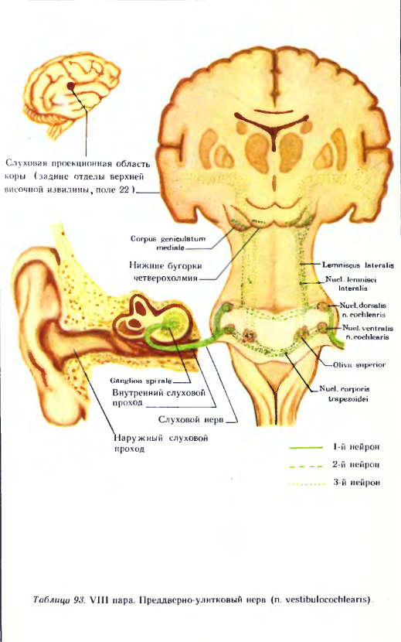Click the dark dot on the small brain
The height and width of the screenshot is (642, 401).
click(x=71, y=86)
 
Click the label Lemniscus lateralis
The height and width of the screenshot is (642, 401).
click(x=358, y=265)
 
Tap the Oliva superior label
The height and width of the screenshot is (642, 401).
click(x=359, y=364)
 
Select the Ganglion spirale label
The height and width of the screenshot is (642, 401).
click(x=141, y=381)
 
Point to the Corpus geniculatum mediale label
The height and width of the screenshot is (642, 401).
click(x=168, y=243)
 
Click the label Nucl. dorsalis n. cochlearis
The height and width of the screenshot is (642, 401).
click(x=363, y=310)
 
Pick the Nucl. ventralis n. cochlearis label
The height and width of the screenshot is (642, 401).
click(x=367, y=333)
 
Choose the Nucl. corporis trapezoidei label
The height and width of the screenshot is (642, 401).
click(x=345, y=394)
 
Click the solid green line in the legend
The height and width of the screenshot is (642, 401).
click(x=306, y=448)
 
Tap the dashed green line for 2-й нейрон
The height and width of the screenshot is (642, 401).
click(x=306, y=466)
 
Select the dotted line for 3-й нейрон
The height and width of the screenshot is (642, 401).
click(x=307, y=484)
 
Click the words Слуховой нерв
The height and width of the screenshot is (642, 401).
click(x=191, y=420)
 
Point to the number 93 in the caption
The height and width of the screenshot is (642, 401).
click(x=78, y=599)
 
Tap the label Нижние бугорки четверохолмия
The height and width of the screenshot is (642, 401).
click(x=165, y=271)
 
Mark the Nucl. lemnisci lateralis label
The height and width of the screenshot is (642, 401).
click(x=351, y=283)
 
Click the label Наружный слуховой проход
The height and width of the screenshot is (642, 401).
click(x=161, y=443)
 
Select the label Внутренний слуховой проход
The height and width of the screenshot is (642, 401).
click(x=158, y=398)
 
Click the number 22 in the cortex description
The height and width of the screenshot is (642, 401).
click(x=124, y=190)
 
